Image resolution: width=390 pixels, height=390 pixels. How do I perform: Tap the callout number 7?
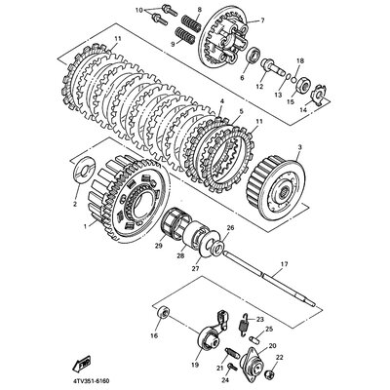click(x=260, y=19)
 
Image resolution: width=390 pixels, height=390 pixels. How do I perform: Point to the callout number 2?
click(x=74, y=206)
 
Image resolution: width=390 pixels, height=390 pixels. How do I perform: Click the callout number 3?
click(x=300, y=146)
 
